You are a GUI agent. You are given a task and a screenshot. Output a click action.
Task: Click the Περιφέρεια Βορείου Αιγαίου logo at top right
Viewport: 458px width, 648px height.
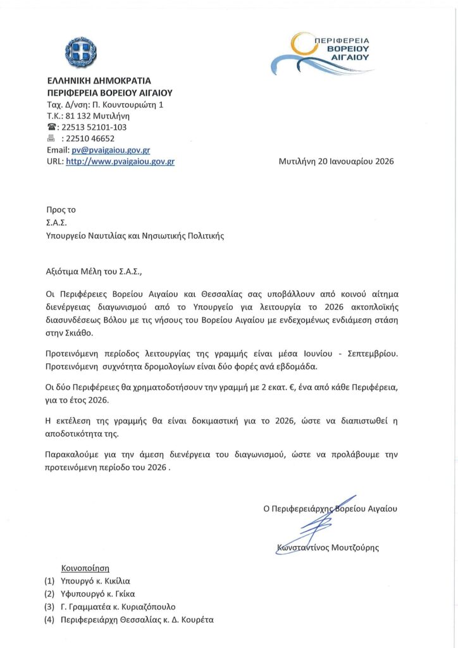[323, 53]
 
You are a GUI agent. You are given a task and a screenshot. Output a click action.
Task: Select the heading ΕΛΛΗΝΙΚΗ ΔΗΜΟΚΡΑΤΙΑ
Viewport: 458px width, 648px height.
[99, 81]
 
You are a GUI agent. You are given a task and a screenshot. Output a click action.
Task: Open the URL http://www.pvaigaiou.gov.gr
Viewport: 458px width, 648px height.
[120, 161]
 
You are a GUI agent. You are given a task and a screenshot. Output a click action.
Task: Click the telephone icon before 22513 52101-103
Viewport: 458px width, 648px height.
[52, 127]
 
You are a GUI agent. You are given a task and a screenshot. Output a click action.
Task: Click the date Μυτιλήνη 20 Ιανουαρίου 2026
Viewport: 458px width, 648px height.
[336, 161]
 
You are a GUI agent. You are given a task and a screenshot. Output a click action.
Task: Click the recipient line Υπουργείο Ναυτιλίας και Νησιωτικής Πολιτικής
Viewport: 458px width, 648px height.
[135, 236]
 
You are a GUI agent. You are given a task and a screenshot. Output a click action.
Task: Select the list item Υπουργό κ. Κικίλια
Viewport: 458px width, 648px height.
[96, 581]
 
